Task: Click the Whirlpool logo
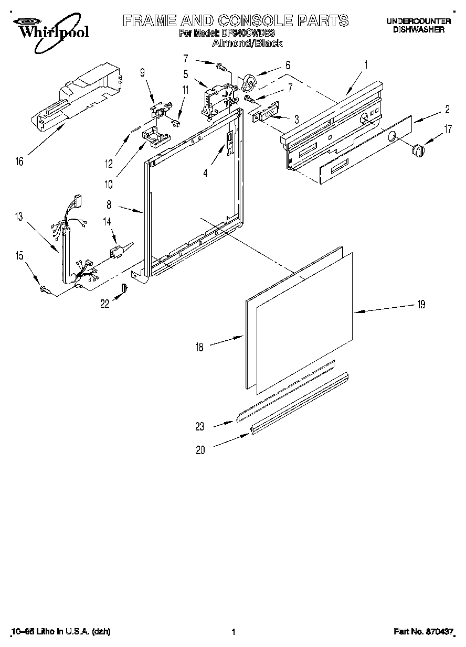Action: click(50, 29)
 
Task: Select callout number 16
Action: click(19, 162)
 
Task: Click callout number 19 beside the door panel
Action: click(421, 305)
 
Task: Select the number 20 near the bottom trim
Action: click(200, 449)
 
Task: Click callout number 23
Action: click(200, 427)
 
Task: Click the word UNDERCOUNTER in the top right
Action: click(418, 21)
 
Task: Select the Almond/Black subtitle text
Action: click(247, 44)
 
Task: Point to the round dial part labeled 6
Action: click(250, 82)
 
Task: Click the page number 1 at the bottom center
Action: click(232, 632)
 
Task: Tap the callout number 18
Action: click(199, 347)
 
